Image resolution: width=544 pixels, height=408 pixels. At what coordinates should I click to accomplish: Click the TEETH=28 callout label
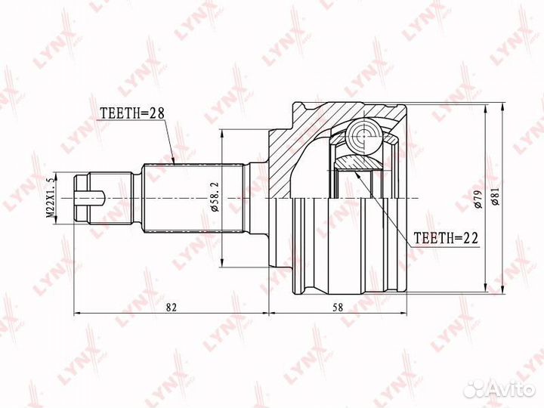pos(131,113)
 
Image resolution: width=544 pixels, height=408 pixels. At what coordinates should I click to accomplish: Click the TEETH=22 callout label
pos(447,238)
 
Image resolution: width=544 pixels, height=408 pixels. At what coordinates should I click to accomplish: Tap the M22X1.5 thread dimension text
pos(51,199)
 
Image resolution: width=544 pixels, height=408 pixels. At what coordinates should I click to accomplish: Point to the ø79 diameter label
pos(478,199)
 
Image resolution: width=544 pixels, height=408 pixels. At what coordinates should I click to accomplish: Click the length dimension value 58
pos(337,307)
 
